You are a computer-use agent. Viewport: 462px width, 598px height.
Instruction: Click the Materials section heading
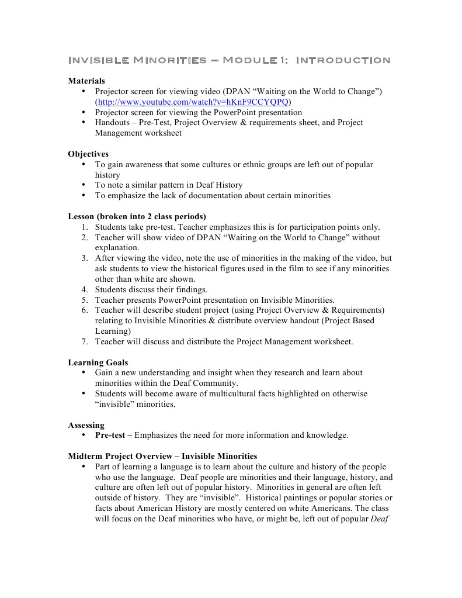[86, 81]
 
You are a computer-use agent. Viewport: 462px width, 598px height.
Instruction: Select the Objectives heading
[88, 154]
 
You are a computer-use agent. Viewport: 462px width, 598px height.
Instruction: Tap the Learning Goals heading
[98, 362]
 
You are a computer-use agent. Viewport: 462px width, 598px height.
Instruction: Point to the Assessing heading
[86, 425]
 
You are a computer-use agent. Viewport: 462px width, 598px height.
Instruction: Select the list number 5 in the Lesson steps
[84, 300]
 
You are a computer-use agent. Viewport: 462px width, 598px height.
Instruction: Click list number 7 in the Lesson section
[84, 341]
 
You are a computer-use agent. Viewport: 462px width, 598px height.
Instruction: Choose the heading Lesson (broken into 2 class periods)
[137, 216]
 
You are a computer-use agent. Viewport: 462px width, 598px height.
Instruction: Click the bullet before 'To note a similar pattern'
[84, 185]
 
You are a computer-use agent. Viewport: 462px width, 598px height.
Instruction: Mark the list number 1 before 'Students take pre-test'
[84, 227]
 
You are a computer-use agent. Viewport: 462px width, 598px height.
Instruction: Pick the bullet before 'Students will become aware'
[84, 393]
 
